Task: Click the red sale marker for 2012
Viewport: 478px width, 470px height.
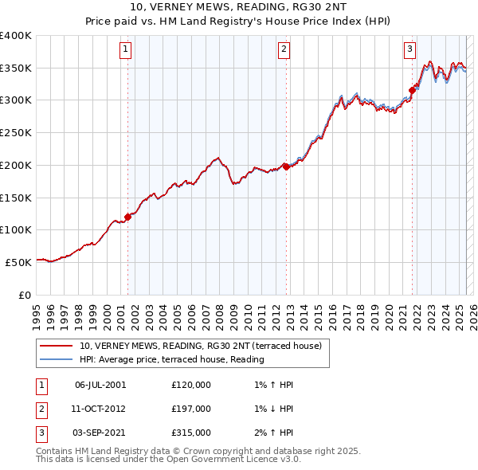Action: [286, 167]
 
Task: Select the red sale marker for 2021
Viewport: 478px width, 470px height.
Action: [412, 90]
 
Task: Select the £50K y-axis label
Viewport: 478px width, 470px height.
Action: [19, 261]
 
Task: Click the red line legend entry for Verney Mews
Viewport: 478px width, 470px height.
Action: [200, 347]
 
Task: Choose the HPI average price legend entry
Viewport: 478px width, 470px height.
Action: [171, 359]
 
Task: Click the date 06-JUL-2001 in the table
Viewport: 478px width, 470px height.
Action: [100, 385]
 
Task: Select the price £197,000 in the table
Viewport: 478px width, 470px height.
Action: [191, 409]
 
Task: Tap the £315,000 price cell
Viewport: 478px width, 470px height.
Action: [191, 433]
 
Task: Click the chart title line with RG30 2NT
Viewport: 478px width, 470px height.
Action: [238, 9]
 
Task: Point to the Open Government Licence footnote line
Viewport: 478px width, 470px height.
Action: [168, 460]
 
